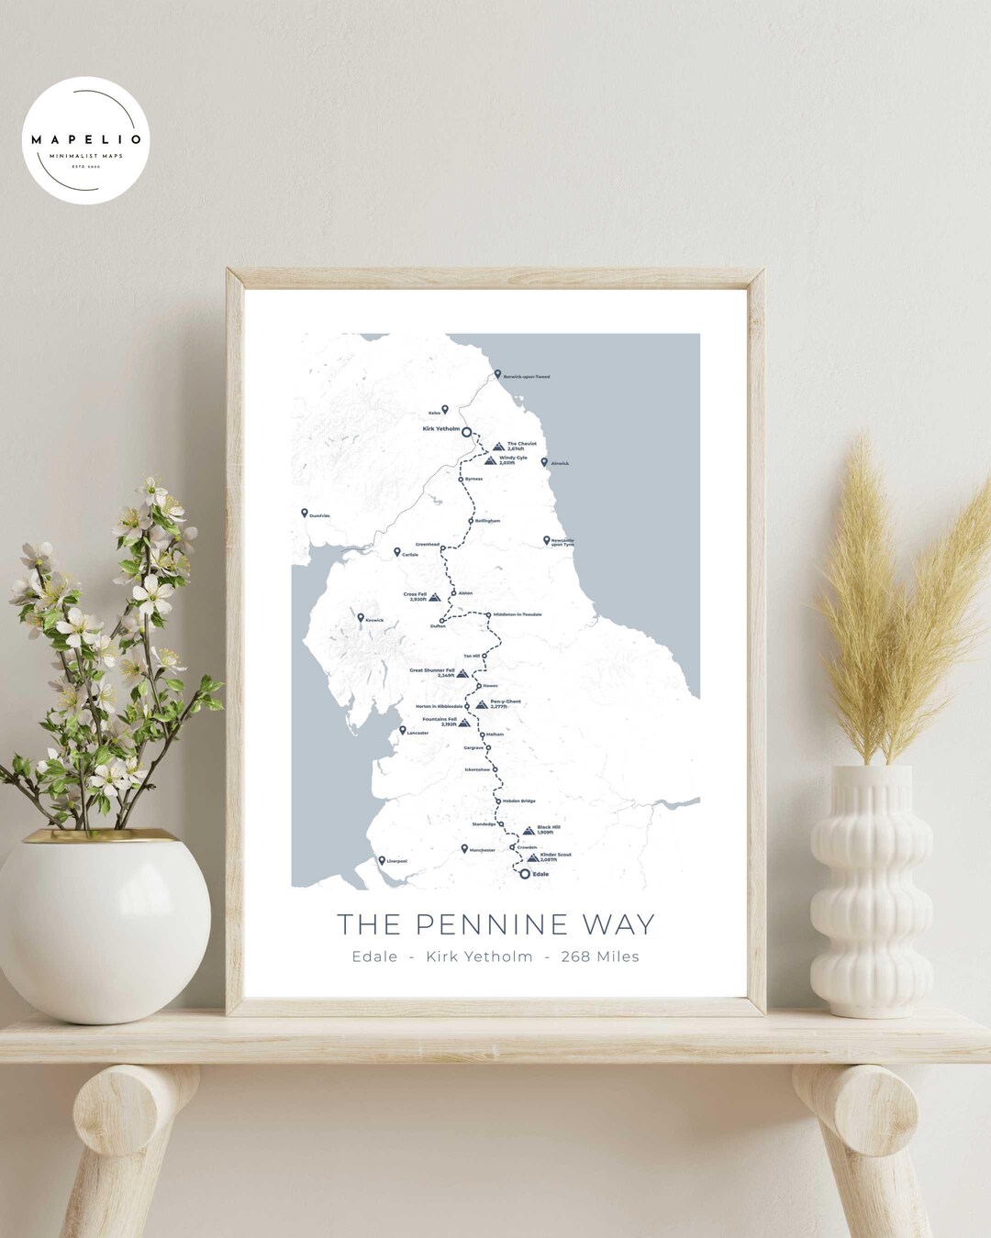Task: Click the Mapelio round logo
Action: (85, 139)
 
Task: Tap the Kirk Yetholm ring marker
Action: (466, 431)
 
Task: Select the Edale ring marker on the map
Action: (525, 874)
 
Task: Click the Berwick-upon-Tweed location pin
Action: (497, 374)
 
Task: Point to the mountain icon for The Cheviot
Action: (498, 447)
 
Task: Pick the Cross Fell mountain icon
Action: (435, 597)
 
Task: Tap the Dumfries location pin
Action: (305, 514)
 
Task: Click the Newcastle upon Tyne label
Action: (562, 542)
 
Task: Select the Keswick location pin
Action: (361, 618)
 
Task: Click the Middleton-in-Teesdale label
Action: (518, 614)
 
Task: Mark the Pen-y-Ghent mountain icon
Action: (482, 704)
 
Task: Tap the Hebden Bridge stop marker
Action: (498, 801)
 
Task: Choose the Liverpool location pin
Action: (382, 860)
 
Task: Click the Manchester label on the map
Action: (482, 850)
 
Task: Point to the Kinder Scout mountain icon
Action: (532, 857)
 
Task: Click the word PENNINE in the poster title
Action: (495, 924)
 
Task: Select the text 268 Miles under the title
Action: (600, 956)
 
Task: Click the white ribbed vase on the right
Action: (868, 890)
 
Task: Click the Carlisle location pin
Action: (397, 552)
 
